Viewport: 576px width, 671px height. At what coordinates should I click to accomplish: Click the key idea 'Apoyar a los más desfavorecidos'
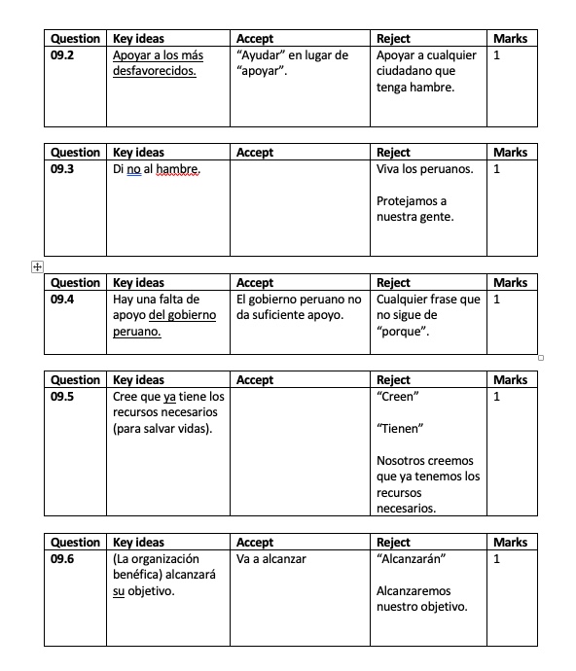pos(159,63)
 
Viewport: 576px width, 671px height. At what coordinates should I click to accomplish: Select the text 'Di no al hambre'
pos(157,169)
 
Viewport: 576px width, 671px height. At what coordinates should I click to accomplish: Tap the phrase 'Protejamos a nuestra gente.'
pos(414,209)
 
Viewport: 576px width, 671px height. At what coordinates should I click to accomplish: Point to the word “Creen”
pos(397,397)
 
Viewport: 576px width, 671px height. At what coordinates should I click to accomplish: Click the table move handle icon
pos(37,265)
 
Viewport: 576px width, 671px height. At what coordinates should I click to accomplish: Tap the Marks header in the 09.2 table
pos(510,39)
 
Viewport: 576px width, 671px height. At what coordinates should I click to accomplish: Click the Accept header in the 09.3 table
pos(255,153)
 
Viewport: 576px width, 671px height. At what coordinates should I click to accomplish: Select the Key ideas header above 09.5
pos(139,380)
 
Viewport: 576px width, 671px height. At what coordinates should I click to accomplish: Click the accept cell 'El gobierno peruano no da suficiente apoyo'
pos(299,307)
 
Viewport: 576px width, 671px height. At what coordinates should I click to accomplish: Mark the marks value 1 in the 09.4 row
pos(497,300)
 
